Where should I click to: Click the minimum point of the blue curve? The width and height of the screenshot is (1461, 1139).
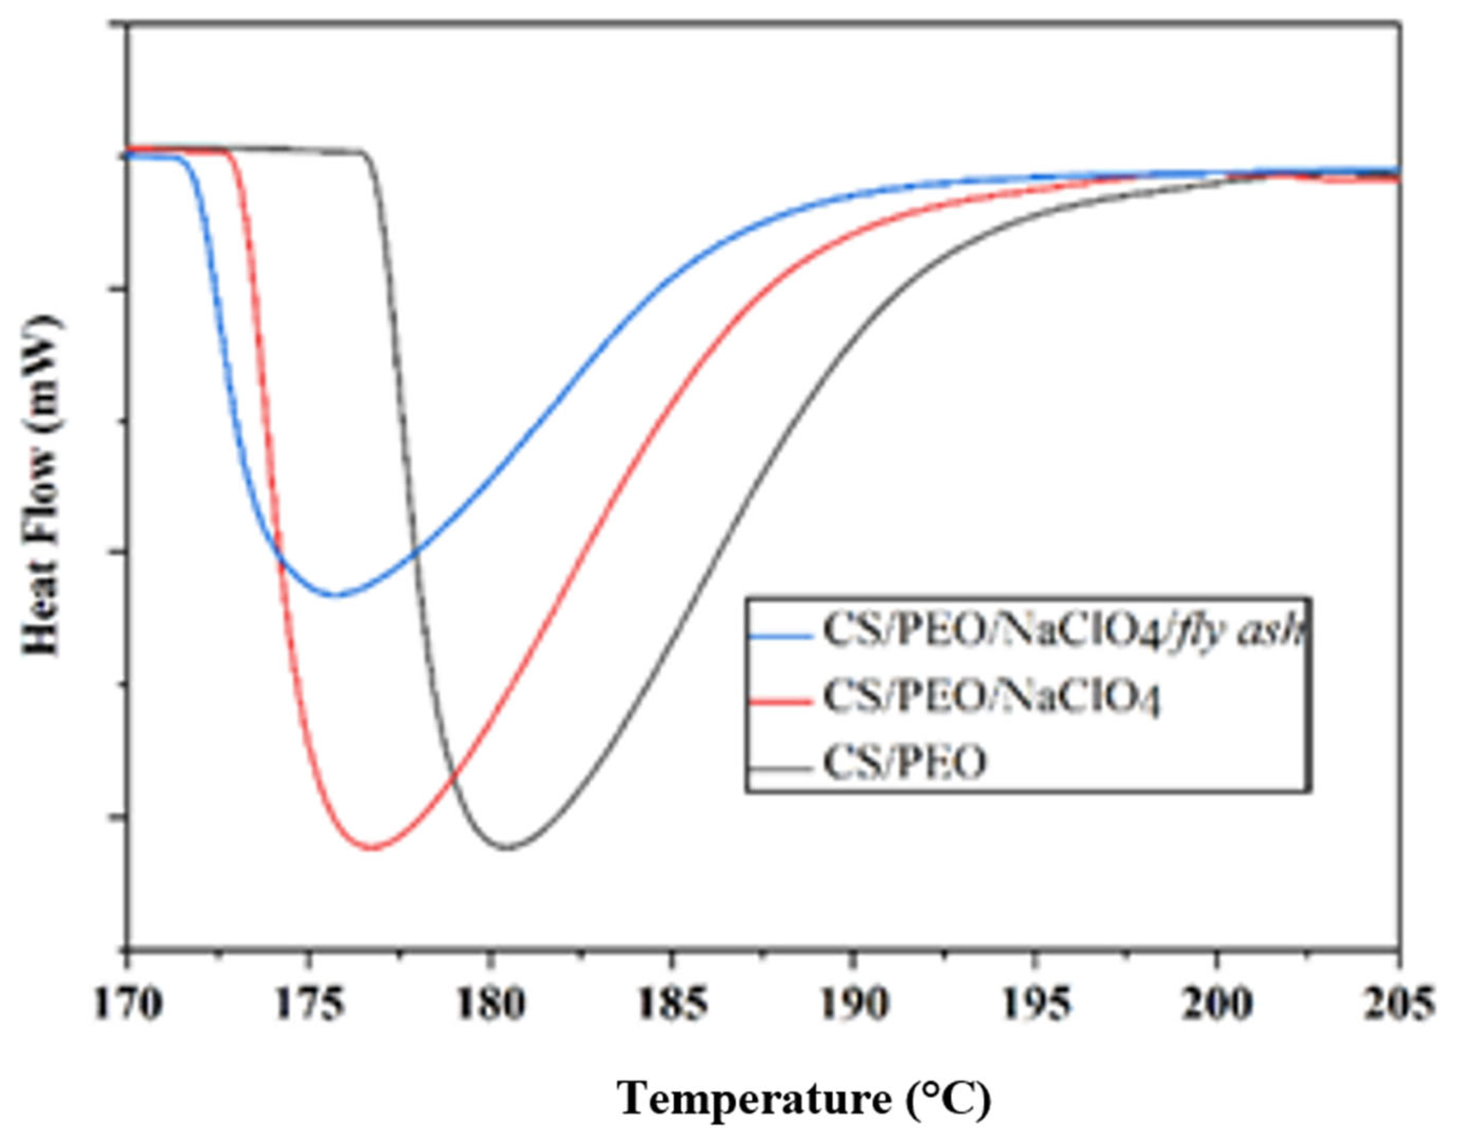coord(336,595)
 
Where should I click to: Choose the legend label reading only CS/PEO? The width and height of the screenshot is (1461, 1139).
coord(905,764)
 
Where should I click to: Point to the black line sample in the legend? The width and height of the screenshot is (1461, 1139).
coord(781,768)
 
